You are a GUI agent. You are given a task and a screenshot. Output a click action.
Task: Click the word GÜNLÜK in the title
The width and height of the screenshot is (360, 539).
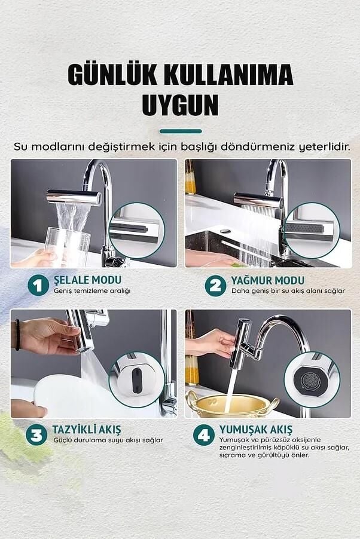[113, 75]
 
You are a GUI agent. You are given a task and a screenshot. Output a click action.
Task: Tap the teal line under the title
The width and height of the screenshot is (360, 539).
[180, 131]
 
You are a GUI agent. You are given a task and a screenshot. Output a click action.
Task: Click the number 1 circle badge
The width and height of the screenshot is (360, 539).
[38, 285]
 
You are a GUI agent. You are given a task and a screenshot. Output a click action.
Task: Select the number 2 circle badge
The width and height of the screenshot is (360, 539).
[215, 285]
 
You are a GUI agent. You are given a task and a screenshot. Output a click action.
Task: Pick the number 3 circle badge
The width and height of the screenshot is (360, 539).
[38, 434]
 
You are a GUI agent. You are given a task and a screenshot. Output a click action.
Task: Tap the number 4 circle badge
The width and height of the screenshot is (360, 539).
[204, 434]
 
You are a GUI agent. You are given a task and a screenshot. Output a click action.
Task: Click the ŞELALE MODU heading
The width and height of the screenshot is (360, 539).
[87, 280]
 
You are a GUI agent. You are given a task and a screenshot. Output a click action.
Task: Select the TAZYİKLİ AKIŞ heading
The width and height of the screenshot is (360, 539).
[87, 429]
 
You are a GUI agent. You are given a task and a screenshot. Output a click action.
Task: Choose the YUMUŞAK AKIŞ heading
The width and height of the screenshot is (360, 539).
[255, 429]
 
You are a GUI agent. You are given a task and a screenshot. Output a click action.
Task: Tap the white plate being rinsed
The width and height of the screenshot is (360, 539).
[66, 395]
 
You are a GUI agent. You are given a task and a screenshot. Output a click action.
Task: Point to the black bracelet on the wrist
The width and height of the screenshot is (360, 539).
[17, 335]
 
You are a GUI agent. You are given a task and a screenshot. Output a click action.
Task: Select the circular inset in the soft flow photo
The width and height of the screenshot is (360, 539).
[312, 380]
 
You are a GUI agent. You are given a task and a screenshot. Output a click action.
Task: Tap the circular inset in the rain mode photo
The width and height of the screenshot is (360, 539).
[312, 231]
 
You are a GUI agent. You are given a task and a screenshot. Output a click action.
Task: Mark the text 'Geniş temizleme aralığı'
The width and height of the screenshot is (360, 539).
[92, 291]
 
